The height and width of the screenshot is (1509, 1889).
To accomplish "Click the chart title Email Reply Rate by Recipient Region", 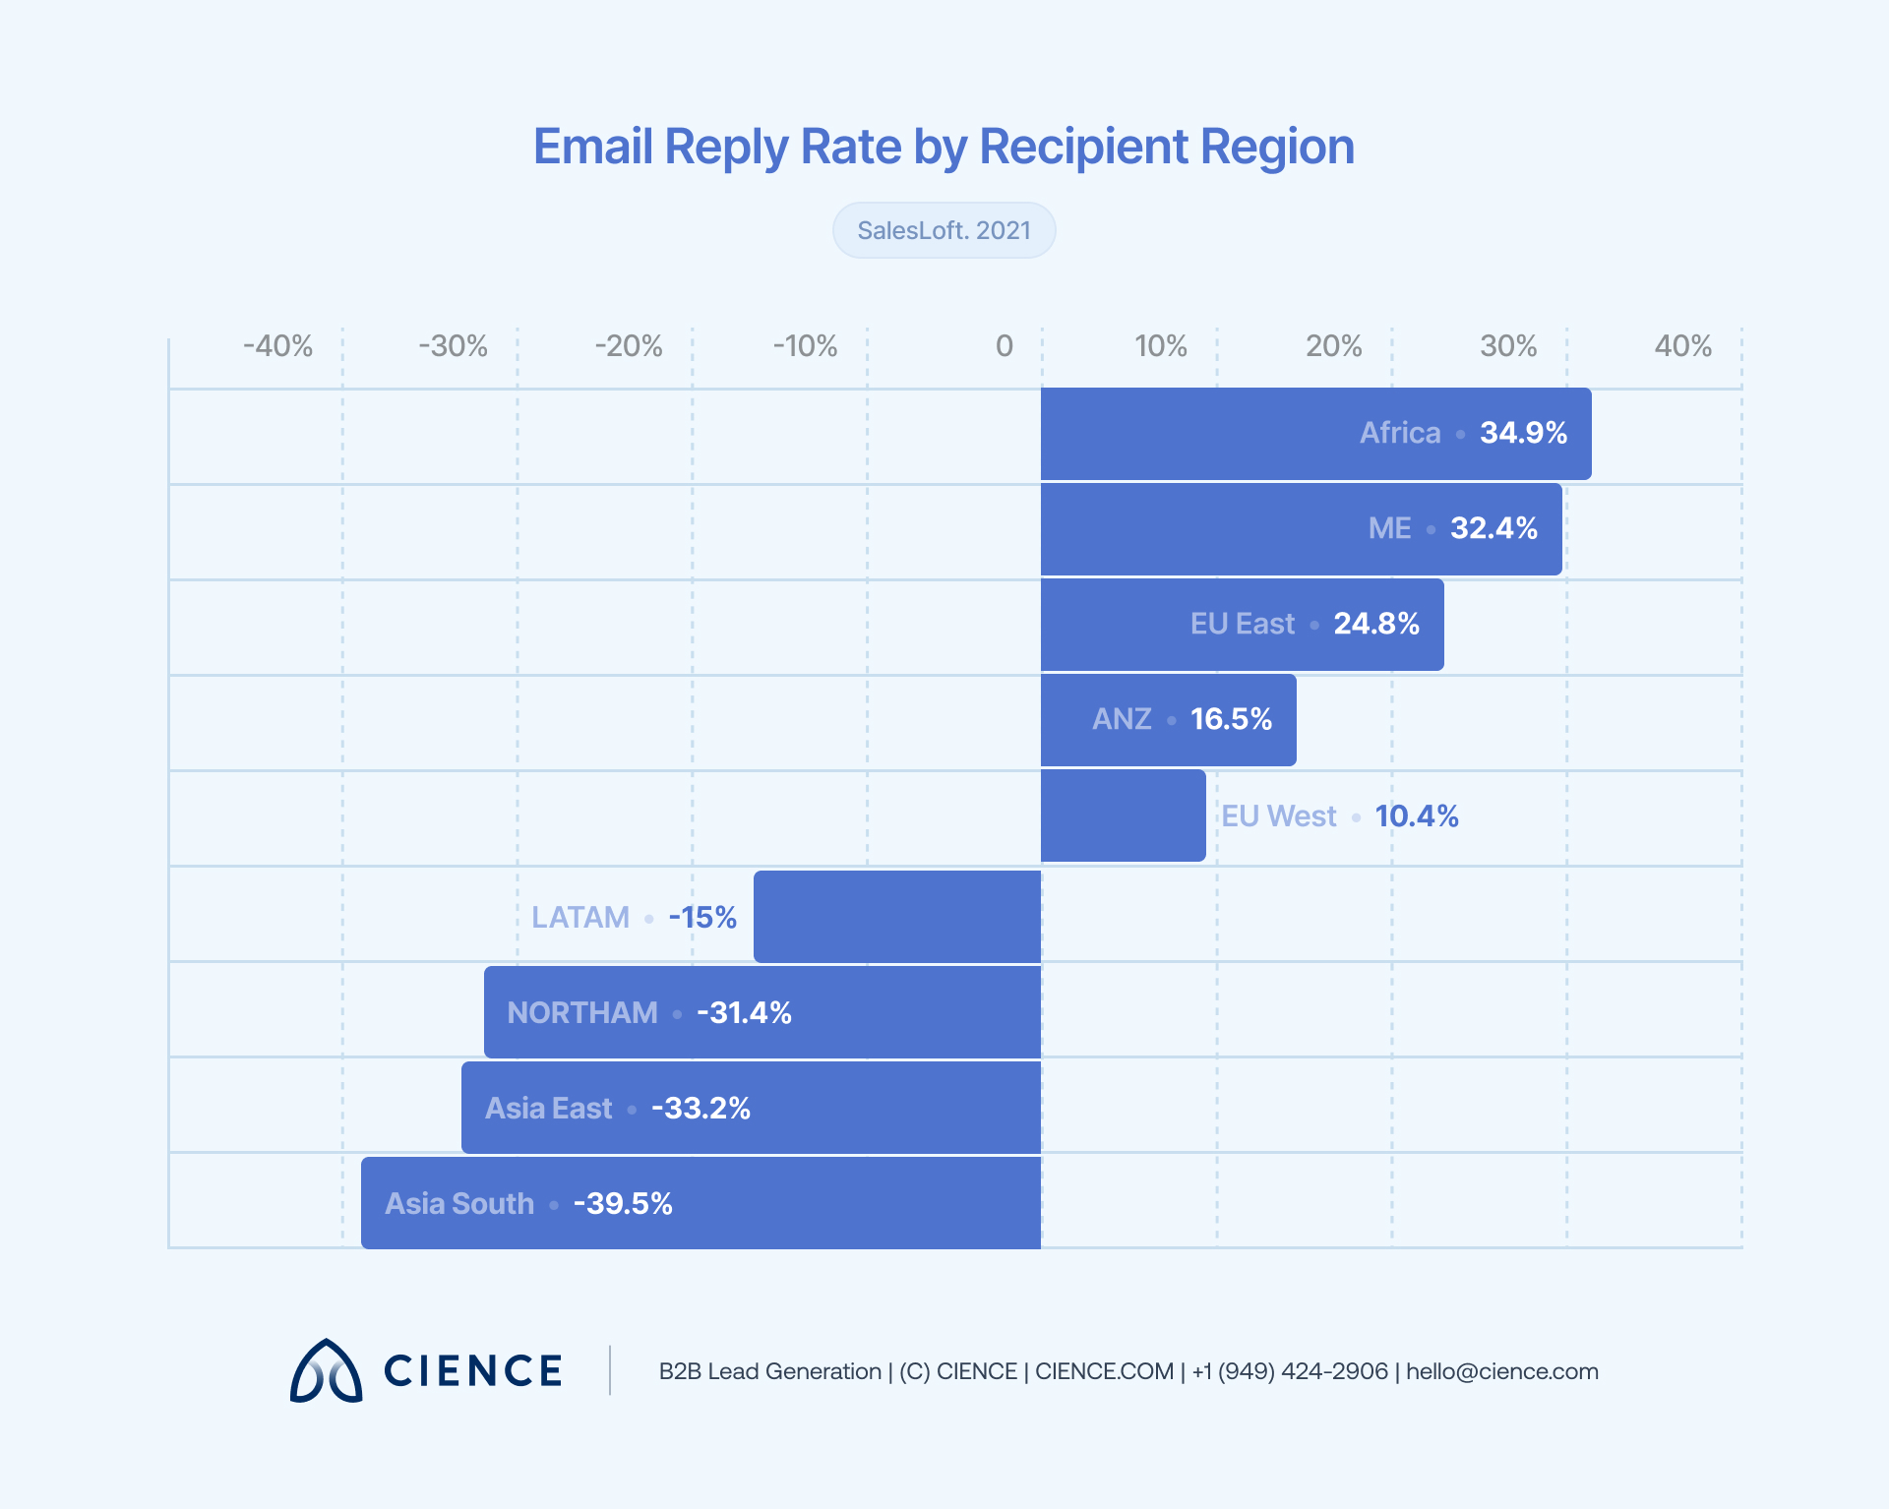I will point(944,147).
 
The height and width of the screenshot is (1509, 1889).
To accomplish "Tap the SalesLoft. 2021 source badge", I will point(944,230).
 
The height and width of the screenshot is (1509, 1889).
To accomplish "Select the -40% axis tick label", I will point(277,346).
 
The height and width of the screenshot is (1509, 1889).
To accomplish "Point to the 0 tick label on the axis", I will point(1004,346).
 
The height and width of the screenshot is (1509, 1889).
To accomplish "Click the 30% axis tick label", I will point(1507,346).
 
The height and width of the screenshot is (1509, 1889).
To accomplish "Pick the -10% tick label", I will point(804,346).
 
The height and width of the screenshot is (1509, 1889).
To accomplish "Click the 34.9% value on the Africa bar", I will point(1523,433).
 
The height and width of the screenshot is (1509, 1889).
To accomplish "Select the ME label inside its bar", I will point(1389,528).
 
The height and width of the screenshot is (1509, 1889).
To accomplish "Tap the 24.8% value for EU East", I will point(1375,624).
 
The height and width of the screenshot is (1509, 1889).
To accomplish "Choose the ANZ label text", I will point(1122,719).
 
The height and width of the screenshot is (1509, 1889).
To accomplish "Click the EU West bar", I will point(1123,815).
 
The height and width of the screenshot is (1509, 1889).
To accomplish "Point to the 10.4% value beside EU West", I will point(1416,815).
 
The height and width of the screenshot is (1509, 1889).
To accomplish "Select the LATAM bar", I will point(897,917).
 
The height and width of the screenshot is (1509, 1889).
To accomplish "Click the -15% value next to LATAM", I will point(702,918).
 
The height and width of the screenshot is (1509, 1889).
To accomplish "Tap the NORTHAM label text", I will point(582,1012).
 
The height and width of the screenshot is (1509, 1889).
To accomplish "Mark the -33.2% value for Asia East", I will point(701,1109).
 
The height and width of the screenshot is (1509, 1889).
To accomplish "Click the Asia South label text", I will point(459,1204).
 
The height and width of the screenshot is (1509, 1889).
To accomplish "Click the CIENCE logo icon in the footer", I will point(327,1370).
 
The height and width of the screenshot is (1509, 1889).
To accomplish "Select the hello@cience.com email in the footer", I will point(1501,1371).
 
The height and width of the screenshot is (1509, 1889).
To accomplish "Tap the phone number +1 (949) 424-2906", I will point(1289,1371).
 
